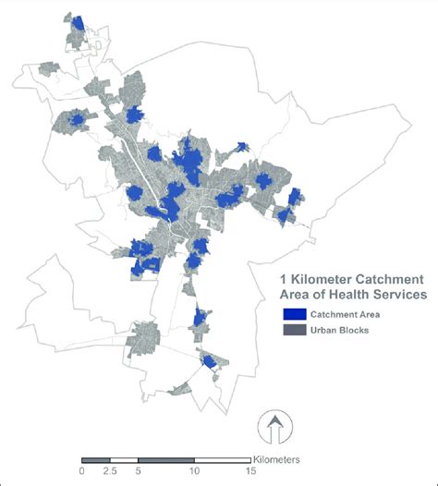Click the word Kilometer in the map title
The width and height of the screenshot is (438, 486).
[327, 278]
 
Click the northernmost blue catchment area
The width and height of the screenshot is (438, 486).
[78, 22]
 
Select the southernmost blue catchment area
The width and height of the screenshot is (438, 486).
[211, 361]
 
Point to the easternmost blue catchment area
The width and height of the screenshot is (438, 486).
[295, 197]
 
